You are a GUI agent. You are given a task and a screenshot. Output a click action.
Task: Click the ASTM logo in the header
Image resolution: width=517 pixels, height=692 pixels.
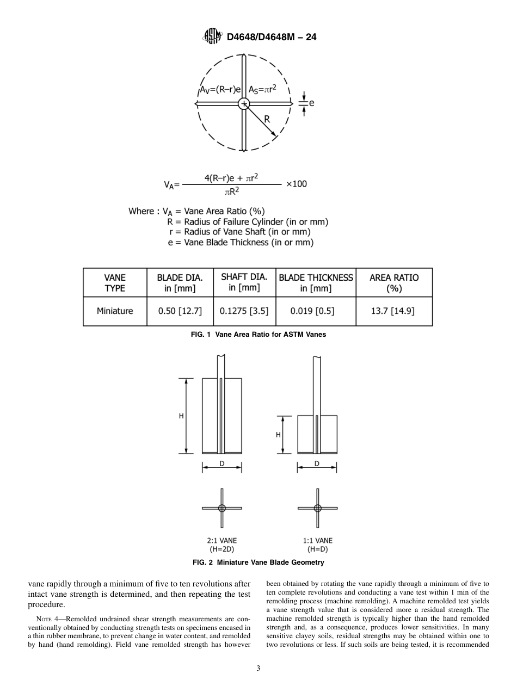212,36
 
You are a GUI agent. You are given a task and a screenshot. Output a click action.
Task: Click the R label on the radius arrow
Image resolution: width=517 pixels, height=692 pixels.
267,119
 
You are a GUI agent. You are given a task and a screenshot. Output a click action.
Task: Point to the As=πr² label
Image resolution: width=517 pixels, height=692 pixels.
262,89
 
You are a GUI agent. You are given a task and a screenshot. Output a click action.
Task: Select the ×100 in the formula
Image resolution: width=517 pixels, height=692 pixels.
296,184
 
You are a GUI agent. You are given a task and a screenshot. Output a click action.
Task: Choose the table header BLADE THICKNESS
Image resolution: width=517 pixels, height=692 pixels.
316,277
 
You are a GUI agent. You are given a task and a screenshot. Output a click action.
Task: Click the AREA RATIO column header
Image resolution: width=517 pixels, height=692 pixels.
394,277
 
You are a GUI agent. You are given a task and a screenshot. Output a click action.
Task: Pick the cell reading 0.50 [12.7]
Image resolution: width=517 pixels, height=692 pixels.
180,311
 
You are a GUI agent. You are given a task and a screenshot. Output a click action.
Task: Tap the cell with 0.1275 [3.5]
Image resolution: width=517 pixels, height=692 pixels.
244,311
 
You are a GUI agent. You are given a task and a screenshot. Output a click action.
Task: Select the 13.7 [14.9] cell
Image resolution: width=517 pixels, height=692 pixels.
394,311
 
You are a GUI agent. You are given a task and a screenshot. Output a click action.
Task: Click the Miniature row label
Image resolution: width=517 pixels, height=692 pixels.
115,311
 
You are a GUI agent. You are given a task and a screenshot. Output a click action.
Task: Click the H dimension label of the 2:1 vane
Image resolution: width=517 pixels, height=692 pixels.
181,416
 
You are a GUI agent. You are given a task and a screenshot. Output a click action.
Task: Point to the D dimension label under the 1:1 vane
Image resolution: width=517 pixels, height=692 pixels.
317,464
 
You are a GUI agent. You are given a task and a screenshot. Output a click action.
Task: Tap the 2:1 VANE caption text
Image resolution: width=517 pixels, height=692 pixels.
221,541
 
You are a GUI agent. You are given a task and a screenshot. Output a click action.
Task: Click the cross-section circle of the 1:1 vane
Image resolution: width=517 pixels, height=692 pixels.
317,508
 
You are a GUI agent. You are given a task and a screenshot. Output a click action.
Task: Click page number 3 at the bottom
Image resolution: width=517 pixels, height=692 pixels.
258,669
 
